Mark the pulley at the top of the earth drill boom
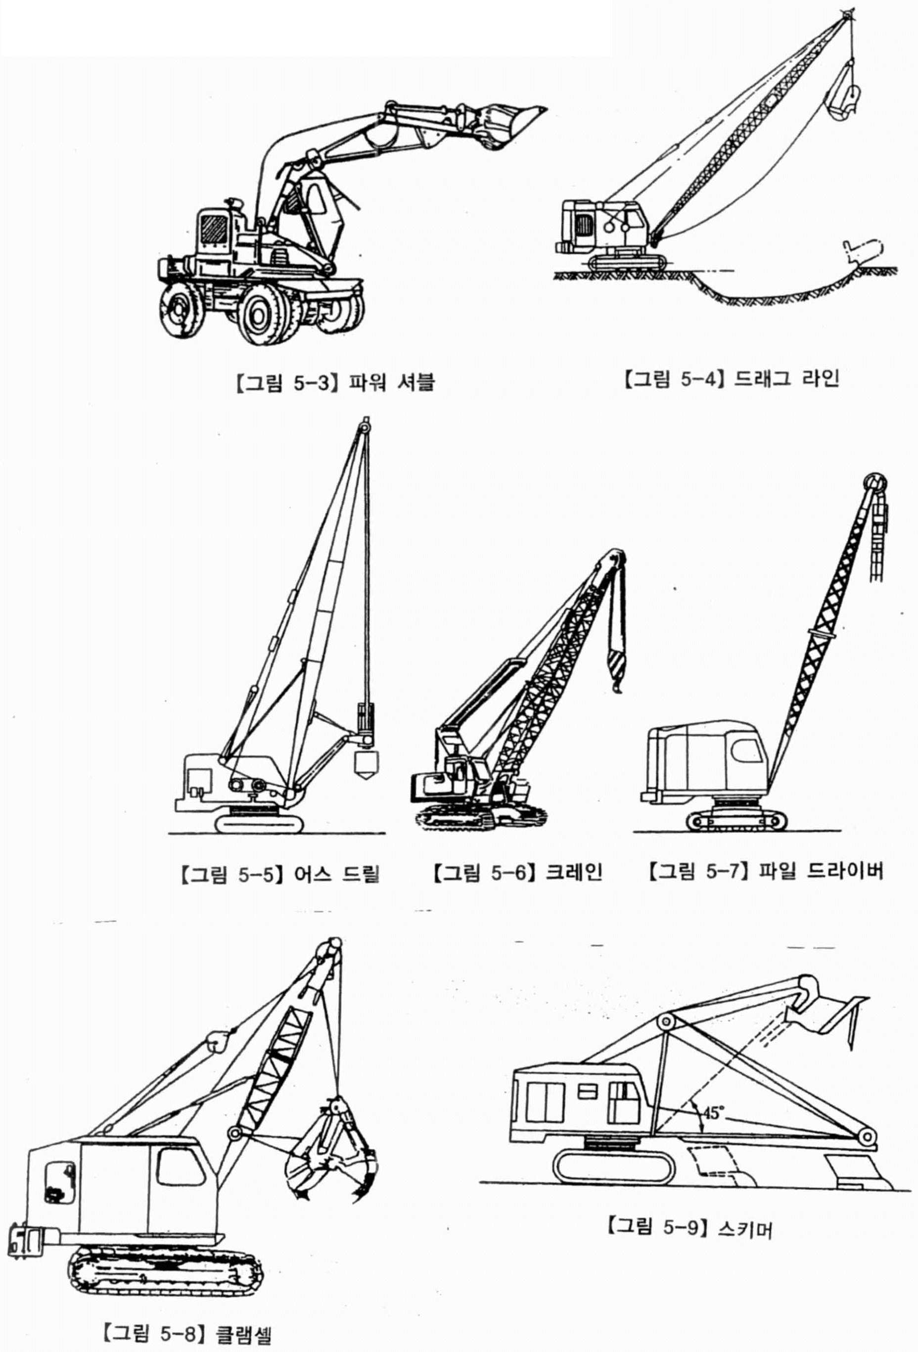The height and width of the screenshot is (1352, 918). click(365, 427)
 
